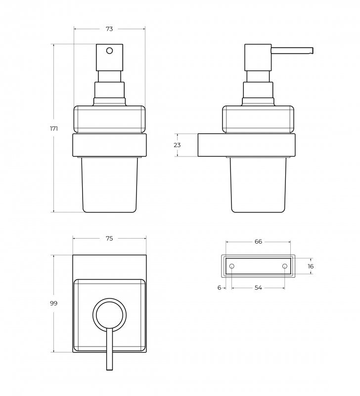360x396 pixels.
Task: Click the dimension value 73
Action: click(x=109, y=29)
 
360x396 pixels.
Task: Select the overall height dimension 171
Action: click(x=54, y=129)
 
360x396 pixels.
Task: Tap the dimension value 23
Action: click(x=177, y=145)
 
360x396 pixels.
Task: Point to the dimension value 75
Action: click(x=109, y=239)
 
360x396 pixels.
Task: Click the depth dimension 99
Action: click(x=53, y=303)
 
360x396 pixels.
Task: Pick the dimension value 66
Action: click(x=258, y=242)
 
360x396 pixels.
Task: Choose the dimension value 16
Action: click(x=311, y=266)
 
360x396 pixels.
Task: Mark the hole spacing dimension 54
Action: click(x=258, y=288)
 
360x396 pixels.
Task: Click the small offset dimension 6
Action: click(x=219, y=288)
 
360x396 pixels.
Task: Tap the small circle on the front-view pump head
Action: click(x=109, y=51)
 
